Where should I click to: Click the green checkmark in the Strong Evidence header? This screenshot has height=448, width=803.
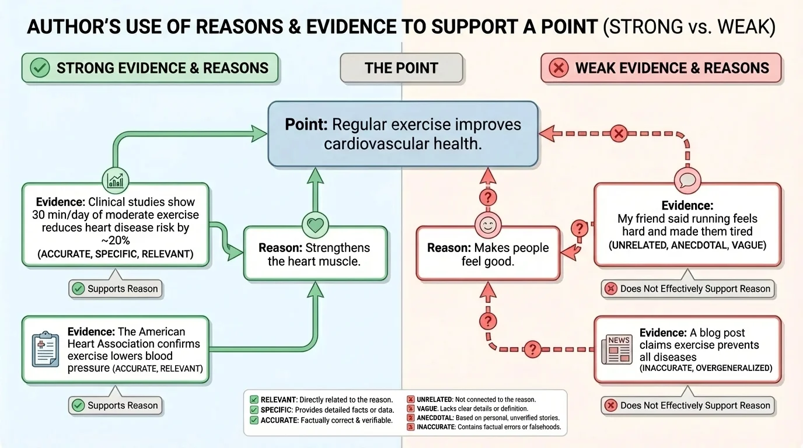coord(40,68)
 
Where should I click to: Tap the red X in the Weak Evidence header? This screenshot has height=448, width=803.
coord(558,68)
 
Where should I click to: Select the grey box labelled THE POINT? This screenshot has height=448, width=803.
coord(401,68)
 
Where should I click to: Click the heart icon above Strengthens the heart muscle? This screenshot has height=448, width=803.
coord(316,224)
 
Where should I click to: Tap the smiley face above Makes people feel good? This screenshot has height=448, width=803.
coord(488,224)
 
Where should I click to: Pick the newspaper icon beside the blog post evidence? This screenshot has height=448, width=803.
coord(617,349)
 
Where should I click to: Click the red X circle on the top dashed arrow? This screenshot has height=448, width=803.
coord(619,134)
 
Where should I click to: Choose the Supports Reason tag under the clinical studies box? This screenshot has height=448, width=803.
coord(116,289)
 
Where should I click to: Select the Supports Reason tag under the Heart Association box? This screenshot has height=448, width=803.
coord(116,405)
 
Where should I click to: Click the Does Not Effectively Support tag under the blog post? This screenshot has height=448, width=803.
coord(688,405)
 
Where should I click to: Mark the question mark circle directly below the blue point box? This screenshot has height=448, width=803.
coord(488,197)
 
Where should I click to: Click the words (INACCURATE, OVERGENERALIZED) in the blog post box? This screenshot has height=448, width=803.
coord(706,368)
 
